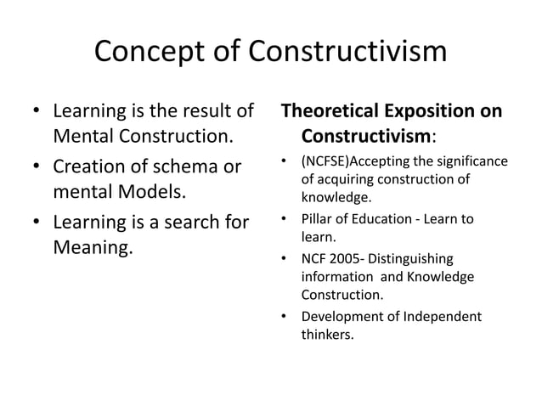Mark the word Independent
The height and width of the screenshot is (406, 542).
(440, 317)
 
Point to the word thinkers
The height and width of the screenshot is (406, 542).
(327, 334)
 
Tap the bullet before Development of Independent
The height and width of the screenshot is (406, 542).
(286, 318)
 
